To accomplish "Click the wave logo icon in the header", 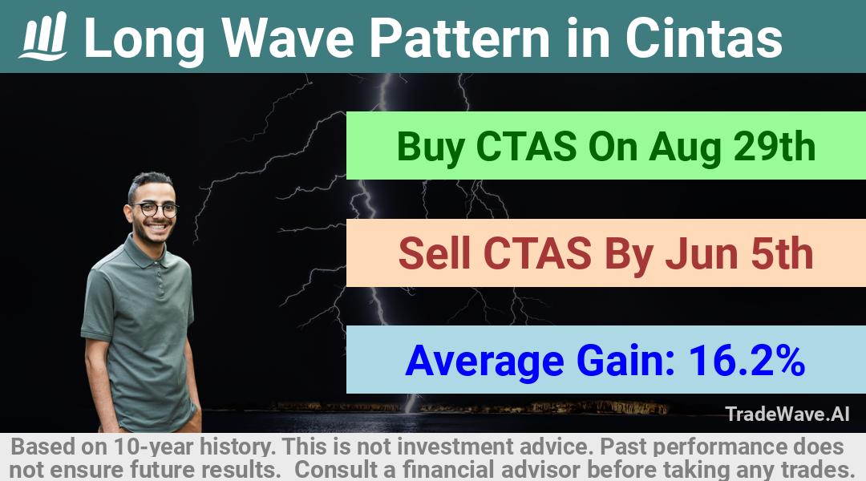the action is tap(43, 36).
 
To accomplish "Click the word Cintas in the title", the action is tap(704, 38).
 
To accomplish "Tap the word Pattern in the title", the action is tap(459, 38).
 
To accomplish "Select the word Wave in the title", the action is tap(288, 38).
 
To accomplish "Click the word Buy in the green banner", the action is tap(431, 147).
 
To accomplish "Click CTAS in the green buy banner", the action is tap(526, 147).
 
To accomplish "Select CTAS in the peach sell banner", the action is tap(537, 253).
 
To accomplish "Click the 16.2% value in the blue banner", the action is tap(747, 360).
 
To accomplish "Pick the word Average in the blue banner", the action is tap(484, 362).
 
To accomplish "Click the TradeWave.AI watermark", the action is tap(787, 414).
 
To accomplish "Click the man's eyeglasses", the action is tap(156, 209).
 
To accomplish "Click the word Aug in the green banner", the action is tap(685, 148).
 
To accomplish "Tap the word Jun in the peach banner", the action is tap(700, 253).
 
